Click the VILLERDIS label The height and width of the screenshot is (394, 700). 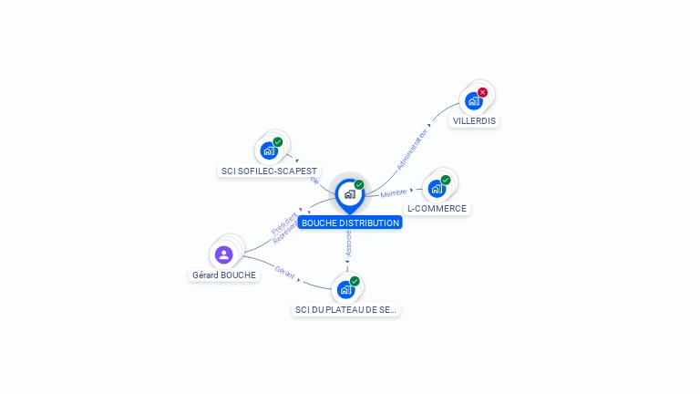[x=475, y=120]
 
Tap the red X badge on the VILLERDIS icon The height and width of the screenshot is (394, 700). [x=482, y=92]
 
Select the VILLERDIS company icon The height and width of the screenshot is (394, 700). [x=473, y=100]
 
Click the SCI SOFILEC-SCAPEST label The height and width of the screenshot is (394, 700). [x=270, y=171]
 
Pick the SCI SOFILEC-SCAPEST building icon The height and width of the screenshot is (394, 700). [x=268, y=150]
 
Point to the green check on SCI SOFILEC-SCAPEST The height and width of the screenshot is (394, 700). [x=278, y=142]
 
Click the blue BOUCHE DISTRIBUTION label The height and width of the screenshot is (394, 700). [x=350, y=223]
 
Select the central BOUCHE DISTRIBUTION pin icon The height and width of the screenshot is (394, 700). [x=349, y=194]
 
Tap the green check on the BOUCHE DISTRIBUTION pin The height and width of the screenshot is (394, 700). [x=359, y=185]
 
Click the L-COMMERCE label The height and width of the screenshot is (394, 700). [x=437, y=208]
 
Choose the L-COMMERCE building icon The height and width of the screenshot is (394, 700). [x=437, y=189]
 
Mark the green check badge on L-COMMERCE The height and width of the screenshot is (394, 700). [x=446, y=180]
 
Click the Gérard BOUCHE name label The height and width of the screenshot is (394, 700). [x=224, y=275]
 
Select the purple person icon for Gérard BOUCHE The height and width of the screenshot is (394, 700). [x=224, y=254]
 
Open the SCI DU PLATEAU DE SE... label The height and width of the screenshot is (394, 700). [x=346, y=310]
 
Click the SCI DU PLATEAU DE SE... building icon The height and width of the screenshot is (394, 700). [x=345, y=290]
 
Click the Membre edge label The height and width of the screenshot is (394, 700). [x=393, y=193]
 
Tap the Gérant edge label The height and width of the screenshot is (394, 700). [x=284, y=271]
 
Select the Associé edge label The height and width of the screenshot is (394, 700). [x=348, y=243]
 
